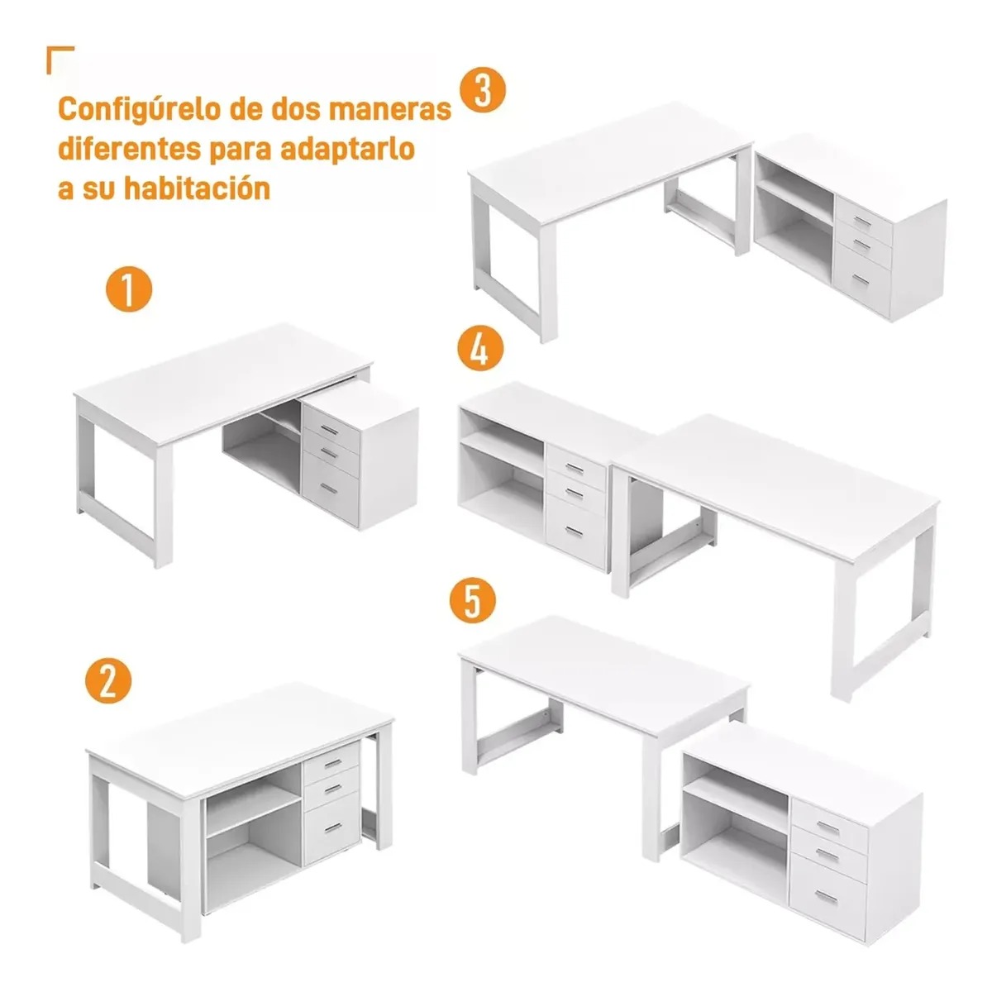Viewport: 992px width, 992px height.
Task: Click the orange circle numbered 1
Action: click(129, 289)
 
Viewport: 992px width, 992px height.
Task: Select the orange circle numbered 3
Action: click(482, 91)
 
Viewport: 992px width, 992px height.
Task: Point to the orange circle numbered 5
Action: click(473, 601)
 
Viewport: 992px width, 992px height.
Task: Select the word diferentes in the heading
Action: click(130, 149)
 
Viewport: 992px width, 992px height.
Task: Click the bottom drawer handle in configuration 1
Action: click(328, 488)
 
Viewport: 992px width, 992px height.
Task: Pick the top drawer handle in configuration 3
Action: click(862, 222)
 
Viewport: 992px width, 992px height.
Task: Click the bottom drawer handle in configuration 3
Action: click(861, 279)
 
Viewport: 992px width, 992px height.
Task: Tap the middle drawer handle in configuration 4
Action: click(574, 494)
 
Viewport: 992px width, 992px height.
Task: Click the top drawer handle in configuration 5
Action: click(827, 827)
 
